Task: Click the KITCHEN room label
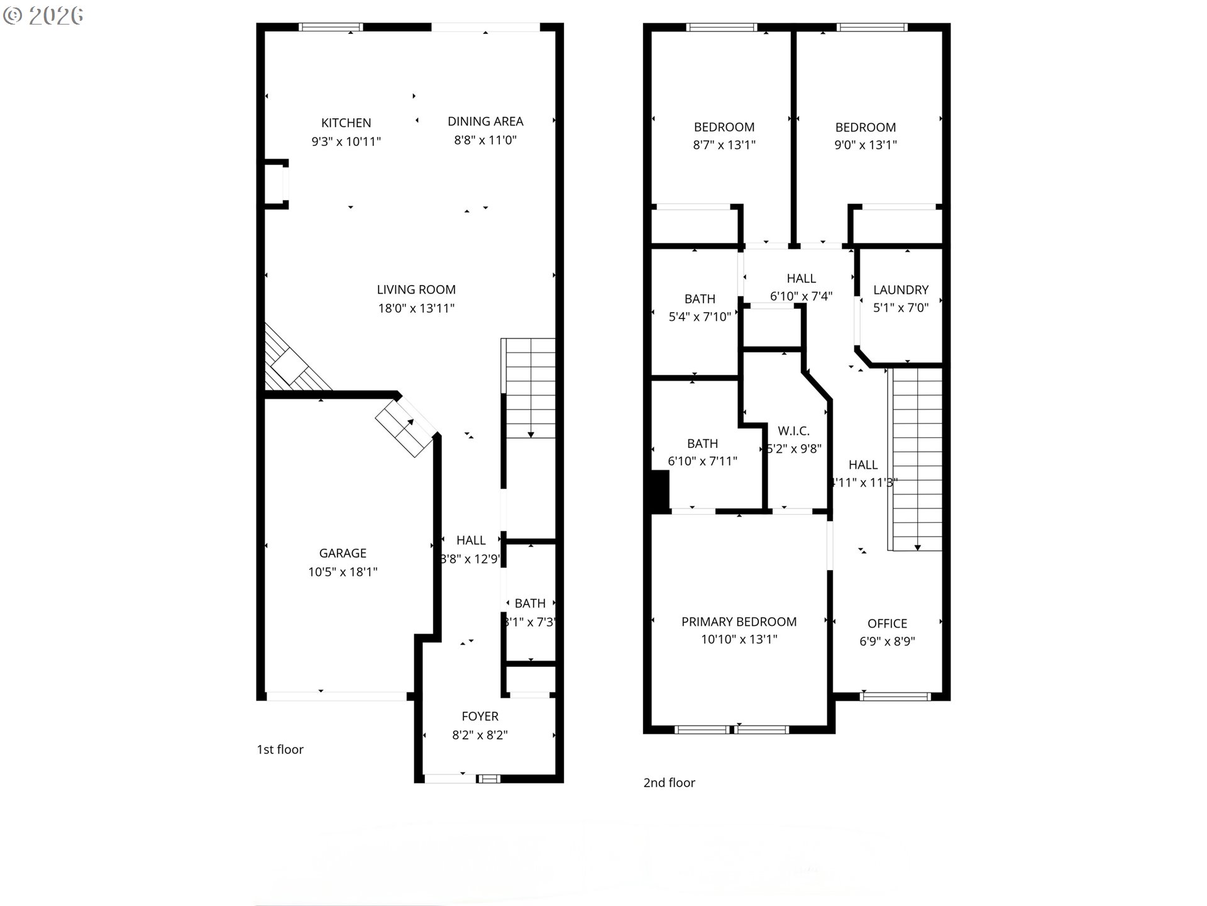[346, 123]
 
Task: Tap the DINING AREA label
[485, 121]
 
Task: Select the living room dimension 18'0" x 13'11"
[416, 308]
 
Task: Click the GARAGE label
[343, 553]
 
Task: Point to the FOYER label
[480, 716]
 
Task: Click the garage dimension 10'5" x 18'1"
[343, 572]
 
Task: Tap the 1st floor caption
[280, 749]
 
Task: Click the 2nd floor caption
[669, 783]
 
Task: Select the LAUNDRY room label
[900, 290]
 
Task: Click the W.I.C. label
[793, 431]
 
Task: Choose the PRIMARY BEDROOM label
[739, 622]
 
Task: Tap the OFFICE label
[887, 624]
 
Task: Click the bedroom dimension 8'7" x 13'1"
[724, 145]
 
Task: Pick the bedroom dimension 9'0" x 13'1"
[865, 145]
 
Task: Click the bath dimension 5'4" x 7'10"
[700, 316]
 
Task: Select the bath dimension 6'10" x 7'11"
[702, 461]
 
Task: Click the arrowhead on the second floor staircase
[917, 547]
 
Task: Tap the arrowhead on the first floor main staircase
[531, 434]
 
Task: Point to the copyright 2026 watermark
[43, 16]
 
